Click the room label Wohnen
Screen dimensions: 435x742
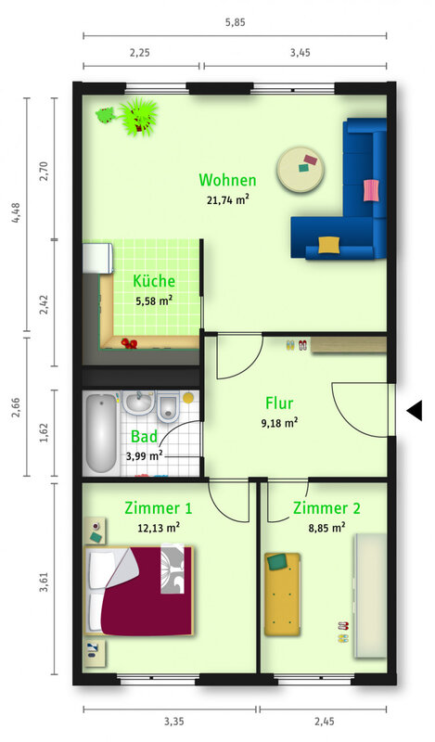tap(227, 180)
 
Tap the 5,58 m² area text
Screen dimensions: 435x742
tap(154, 301)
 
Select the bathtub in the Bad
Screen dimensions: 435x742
tap(101, 433)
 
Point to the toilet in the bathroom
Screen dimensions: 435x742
tap(167, 407)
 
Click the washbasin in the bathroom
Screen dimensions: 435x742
tap(138, 403)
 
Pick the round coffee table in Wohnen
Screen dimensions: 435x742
tap(301, 169)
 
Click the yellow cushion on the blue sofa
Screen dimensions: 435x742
tap(328, 245)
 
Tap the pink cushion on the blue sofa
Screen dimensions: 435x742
tap(372, 190)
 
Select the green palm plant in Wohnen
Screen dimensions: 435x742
tap(138, 117)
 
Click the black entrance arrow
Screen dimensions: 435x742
tap(415, 410)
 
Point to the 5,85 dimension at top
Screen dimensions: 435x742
tap(236, 22)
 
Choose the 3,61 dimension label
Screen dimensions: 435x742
tap(44, 582)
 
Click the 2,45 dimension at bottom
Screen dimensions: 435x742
tap(325, 722)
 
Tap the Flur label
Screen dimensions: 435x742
tap(279, 403)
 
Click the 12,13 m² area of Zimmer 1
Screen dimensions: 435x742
tap(159, 528)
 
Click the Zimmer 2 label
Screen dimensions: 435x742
tap(326, 508)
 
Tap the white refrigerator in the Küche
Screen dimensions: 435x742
tap(97, 259)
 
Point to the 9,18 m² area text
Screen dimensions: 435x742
tap(279, 423)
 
